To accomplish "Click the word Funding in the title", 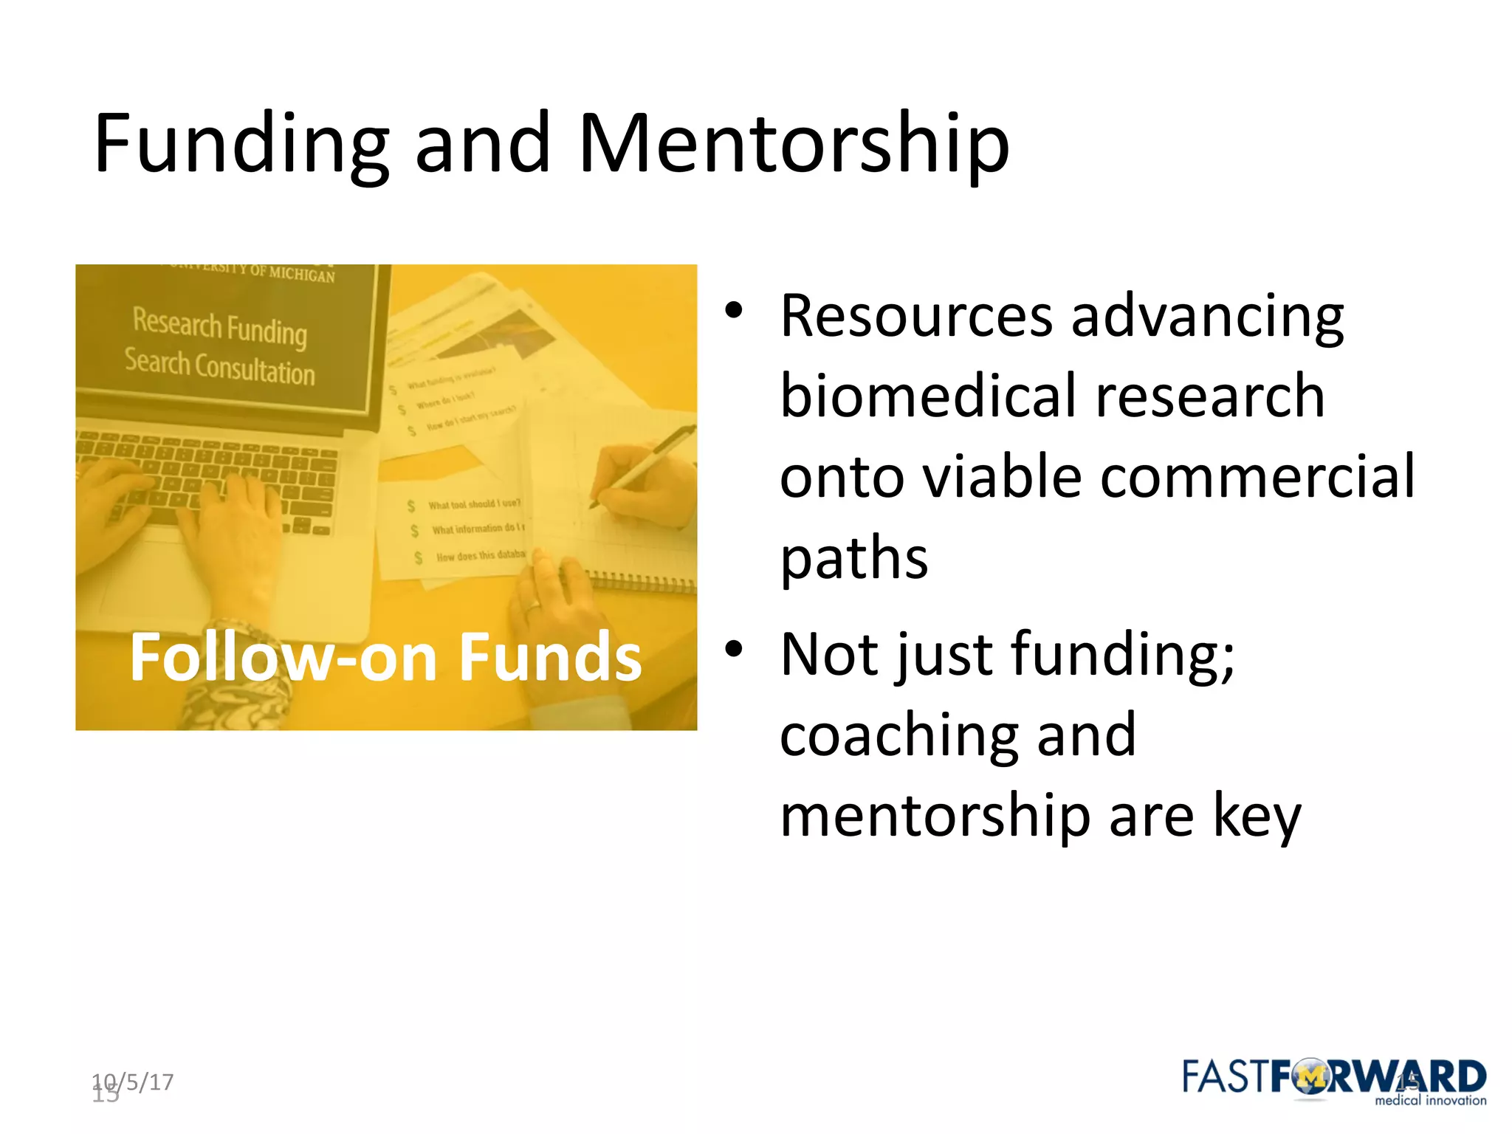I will coord(241,144).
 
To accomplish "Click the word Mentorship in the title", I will coord(794,144).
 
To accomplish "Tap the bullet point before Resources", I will coord(732,310).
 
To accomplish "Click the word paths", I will coord(853,559).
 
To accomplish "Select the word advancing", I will coord(1207,316).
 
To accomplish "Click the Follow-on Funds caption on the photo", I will coord(385,657).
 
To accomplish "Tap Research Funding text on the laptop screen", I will coord(220,326).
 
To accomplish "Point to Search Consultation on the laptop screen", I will coord(220,367).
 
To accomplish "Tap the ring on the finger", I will coord(532,607).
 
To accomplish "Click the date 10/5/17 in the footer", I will coord(133,1082).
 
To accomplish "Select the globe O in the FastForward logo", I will coord(1311,1079).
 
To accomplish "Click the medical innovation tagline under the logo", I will coord(1430,1101).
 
